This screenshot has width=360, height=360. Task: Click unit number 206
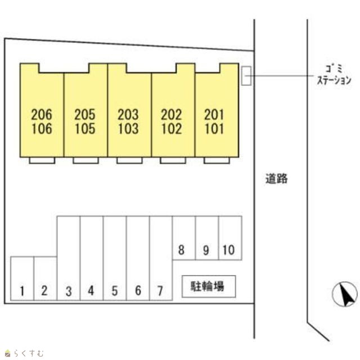click(x=42, y=114)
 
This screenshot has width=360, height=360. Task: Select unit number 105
click(x=85, y=129)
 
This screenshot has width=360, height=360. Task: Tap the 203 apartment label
click(x=128, y=114)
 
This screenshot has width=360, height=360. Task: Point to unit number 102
click(x=172, y=129)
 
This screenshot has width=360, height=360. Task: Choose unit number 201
click(x=214, y=114)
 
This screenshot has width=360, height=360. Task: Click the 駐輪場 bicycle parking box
click(x=209, y=286)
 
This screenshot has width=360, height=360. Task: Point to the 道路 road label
click(x=276, y=179)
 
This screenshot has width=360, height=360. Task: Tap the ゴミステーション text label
click(x=334, y=75)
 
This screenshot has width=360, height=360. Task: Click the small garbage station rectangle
click(x=246, y=76)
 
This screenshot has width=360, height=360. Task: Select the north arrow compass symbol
click(x=345, y=294)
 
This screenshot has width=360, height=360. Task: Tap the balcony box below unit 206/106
click(x=42, y=160)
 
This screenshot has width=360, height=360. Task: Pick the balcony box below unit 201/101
click(x=217, y=160)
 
